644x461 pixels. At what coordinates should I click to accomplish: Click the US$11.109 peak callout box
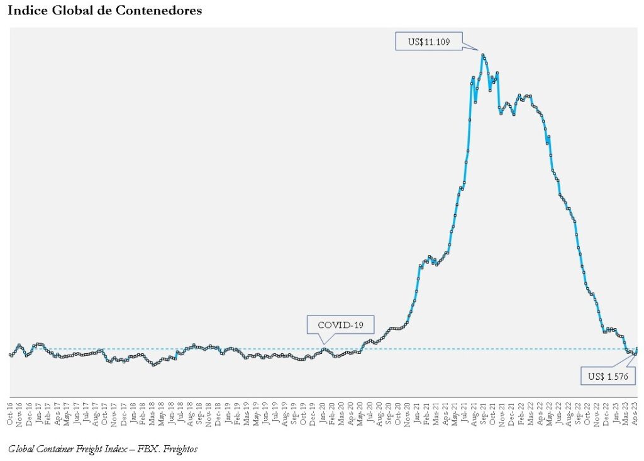pos(428,42)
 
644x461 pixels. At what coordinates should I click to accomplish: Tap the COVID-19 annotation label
pos(340,325)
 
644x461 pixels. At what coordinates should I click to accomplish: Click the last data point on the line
pos(636,348)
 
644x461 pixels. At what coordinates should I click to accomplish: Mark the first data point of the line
pos(10,355)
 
